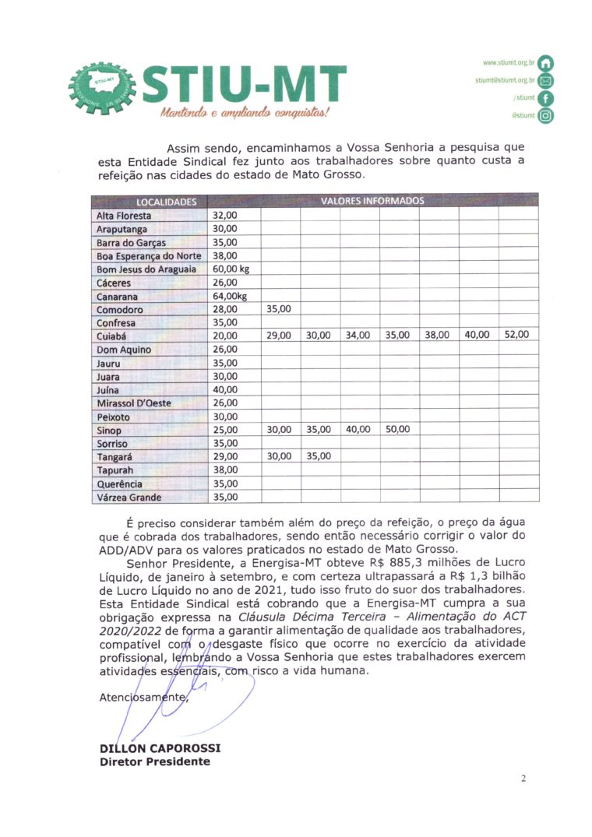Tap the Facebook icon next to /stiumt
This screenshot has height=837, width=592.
pyautogui.click(x=546, y=98)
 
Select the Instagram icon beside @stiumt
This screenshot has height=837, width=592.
pyautogui.click(x=546, y=116)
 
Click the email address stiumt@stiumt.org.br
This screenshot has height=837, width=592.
pyautogui.click(x=505, y=80)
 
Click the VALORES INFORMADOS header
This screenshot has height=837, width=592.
pyautogui.click(x=372, y=201)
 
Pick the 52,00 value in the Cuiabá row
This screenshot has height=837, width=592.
pyautogui.click(x=516, y=335)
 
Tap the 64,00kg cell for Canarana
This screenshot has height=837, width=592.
pyautogui.click(x=230, y=296)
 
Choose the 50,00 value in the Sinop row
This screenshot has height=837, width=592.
pyautogui.click(x=398, y=429)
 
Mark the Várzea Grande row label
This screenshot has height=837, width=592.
pyautogui.click(x=129, y=497)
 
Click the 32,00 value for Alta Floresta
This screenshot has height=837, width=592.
pyautogui.click(x=225, y=215)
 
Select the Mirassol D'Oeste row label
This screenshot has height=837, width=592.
pyautogui.click(x=133, y=403)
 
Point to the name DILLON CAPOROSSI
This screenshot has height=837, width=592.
pyautogui.click(x=160, y=748)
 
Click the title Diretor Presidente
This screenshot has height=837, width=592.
pyautogui.click(x=154, y=761)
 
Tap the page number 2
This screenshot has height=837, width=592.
pyautogui.click(x=523, y=778)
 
